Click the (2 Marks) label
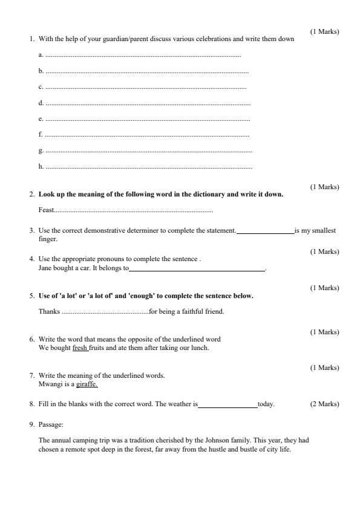pyautogui.click(x=325, y=404)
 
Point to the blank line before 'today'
pyautogui.click(x=227, y=404)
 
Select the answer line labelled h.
pyautogui.click(x=149, y=167)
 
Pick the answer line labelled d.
pyautogui.click(x=148, y=103)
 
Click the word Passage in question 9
pyautogui.click(x=50, y=425)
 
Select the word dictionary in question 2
pyautogui.click(x=209, y=195)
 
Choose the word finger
pyautogui.click(x=47, y=239)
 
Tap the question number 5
pyautogui.click(x=31, y=296)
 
